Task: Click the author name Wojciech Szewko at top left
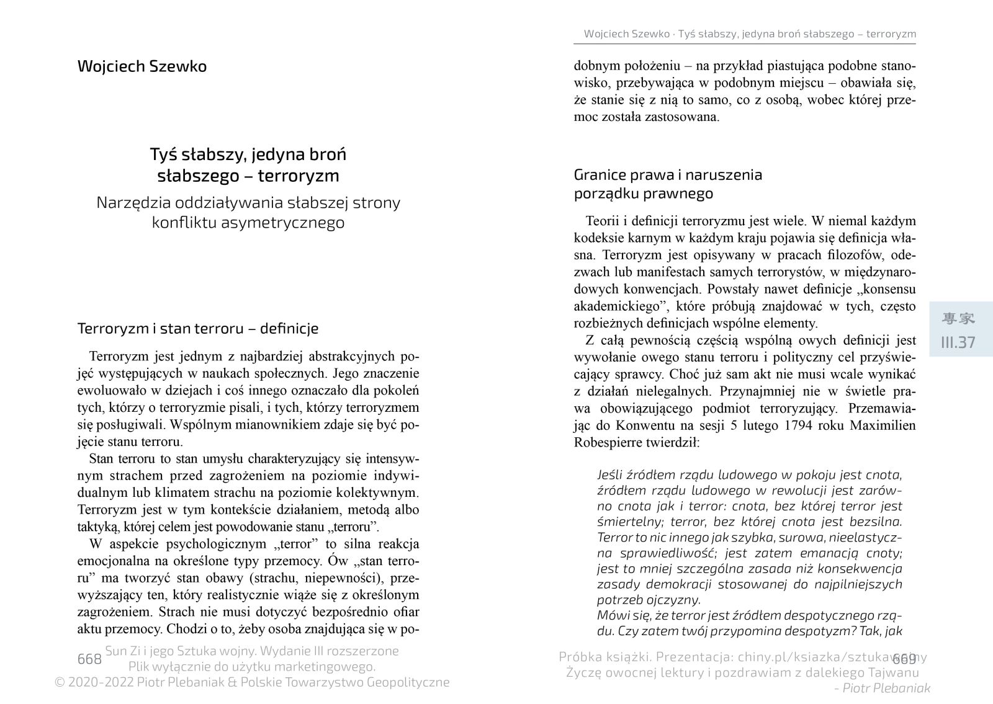[x=142, y=66]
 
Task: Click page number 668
[x=89, y=659]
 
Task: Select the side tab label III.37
[x=958, y=342]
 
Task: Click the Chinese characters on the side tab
[x=958, y=319]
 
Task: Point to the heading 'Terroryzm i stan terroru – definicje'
[x=197, y=328]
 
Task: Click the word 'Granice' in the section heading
[x=600, y=174]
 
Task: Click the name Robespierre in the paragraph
[x=609, y=443]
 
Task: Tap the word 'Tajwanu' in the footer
[x=894, y=672]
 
